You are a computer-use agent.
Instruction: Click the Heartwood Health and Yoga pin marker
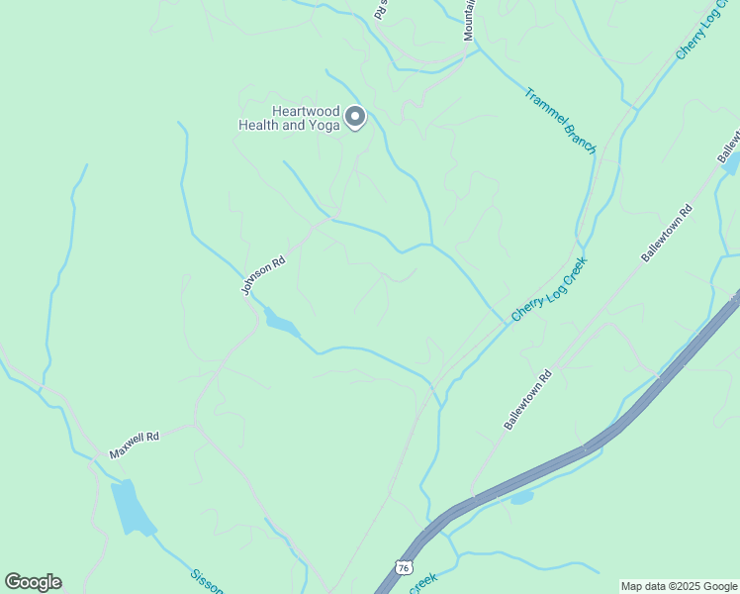coord(355,119)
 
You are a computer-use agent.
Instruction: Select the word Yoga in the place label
coord(324,126)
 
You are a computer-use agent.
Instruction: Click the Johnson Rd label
coord(263,275)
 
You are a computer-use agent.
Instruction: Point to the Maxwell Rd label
coord(135,445)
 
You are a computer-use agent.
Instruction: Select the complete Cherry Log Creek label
coord(549,289)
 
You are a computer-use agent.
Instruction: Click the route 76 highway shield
coord(402,567)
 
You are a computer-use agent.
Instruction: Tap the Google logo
coord(33,582)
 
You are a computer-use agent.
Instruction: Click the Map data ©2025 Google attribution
coord(679,586)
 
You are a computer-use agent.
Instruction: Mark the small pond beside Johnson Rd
coord(280,323)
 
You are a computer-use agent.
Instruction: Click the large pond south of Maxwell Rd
coord(133,507)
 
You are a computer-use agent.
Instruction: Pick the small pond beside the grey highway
coord(521,497)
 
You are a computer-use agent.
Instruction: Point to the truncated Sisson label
coord(207,580)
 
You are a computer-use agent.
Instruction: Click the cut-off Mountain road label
coord(470,20)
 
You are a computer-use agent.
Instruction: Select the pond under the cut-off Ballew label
coord(731,163)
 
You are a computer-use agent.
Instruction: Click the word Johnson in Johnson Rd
coord(259,280)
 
